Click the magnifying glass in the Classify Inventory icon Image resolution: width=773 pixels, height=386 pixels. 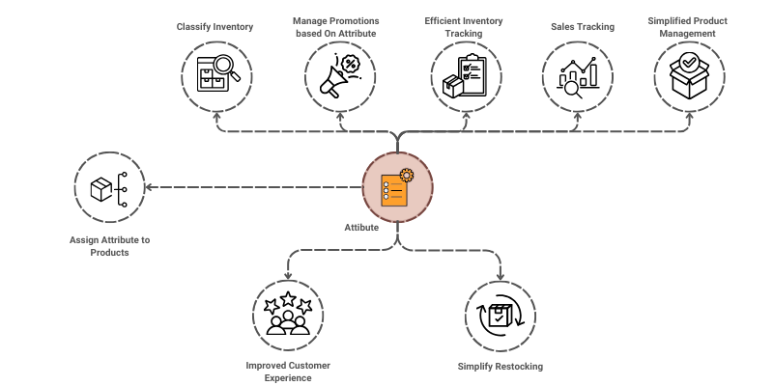225,66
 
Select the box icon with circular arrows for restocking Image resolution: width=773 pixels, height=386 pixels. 500,317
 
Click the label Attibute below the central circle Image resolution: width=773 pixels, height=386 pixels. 361,228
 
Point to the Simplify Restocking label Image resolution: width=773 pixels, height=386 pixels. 500,367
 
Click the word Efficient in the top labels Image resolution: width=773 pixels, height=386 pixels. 445,21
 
